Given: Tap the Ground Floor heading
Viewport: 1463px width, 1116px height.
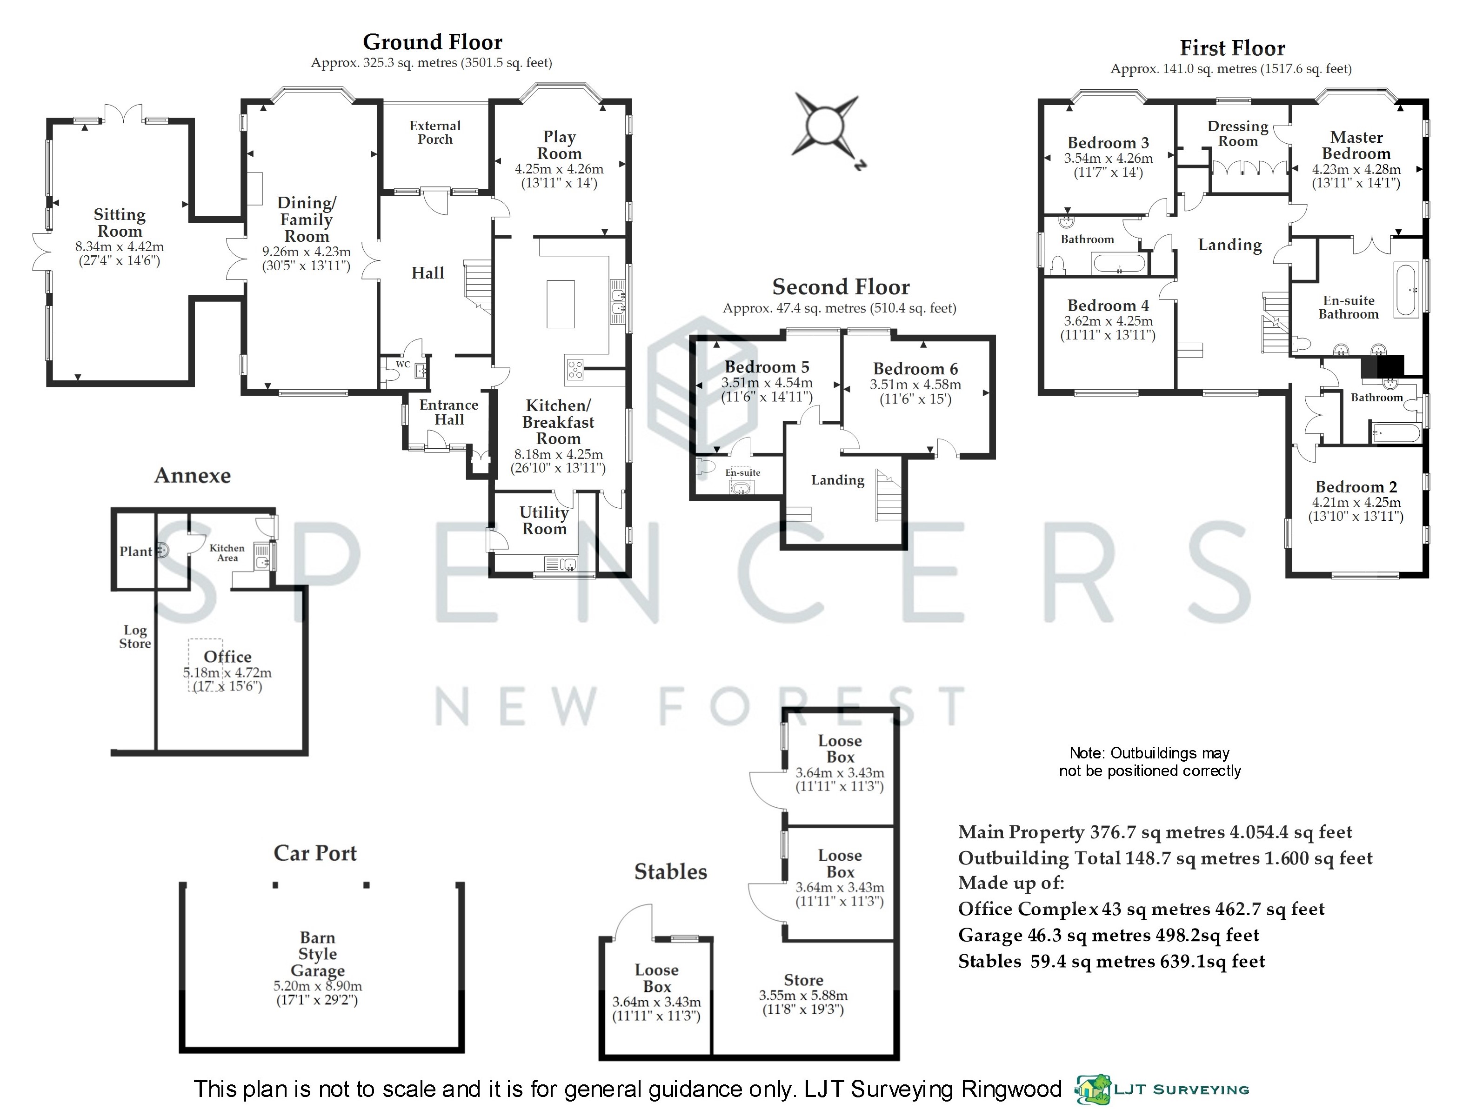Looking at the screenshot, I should (x=433, y=42).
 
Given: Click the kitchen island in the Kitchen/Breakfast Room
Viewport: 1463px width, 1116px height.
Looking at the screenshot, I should (x=561, y=304).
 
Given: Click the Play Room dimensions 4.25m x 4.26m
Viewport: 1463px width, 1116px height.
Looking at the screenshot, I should (x=559, y=169).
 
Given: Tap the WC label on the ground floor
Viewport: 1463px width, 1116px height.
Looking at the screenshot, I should (x=403, y=365).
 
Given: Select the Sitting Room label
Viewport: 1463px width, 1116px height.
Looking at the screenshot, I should (x=119, y=223).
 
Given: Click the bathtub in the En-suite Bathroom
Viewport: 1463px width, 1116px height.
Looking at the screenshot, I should (x=1404, y=290).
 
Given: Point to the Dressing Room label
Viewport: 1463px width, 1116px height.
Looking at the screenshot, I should (x=1237, y=133).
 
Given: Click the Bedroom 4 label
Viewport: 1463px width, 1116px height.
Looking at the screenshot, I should (x=1108, y=306).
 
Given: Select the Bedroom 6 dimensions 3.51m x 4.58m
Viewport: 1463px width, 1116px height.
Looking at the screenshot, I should (x=915, y=385).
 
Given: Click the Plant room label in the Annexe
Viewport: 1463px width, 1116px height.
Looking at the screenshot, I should (x=135, y=551).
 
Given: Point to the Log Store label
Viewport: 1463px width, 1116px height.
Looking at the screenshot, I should (x=135, y=637).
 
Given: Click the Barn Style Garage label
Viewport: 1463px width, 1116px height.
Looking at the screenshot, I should (x=318, y=954).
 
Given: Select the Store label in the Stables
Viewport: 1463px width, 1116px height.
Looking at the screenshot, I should (x=803, y=980).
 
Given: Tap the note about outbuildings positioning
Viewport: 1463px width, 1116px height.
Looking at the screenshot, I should (x=1149, y=762).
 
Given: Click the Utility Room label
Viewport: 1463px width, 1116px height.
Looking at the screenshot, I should (x=543, y=521).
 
